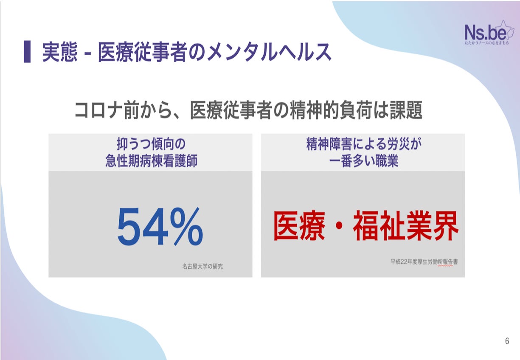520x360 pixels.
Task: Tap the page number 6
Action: pos(507,341)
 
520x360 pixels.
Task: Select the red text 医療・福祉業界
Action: pos(365,227)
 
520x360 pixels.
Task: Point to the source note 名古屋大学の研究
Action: pos(202,267)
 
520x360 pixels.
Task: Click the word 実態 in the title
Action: pos(60,52)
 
